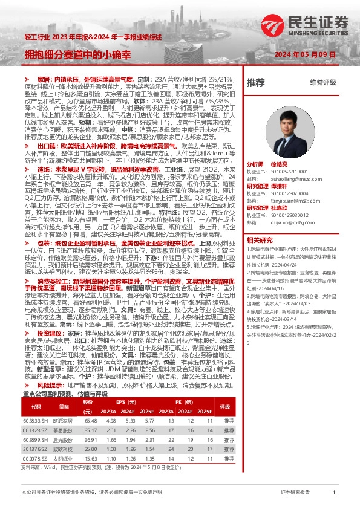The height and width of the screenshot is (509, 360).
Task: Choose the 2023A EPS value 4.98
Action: click(x=111, y=420)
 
